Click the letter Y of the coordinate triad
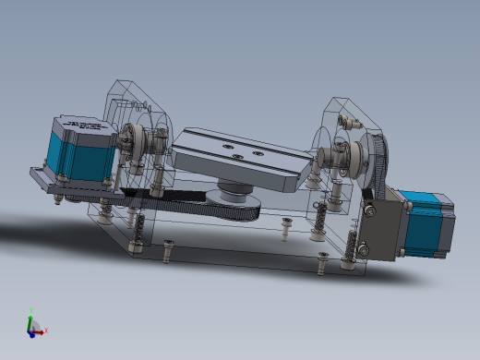(30, 311)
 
